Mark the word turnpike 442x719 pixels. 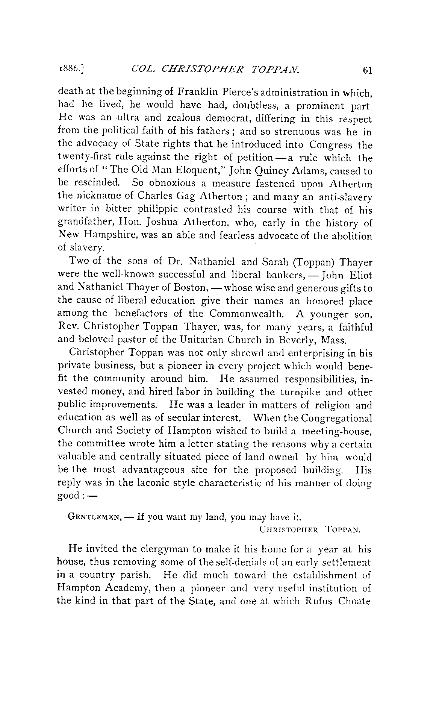[300, 393]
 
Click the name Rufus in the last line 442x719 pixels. [317, 601]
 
